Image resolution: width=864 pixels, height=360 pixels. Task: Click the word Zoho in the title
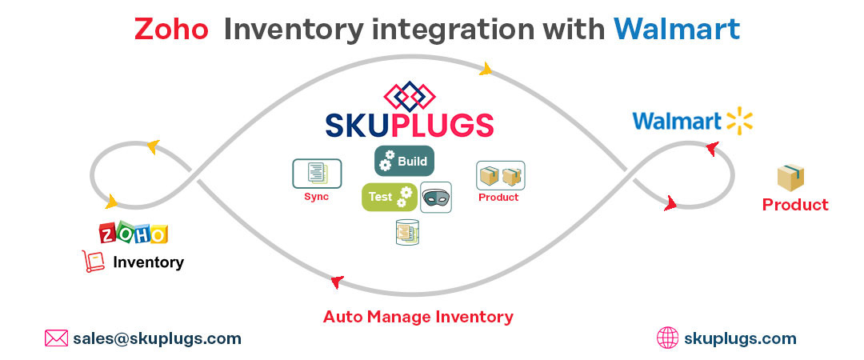(171, 30)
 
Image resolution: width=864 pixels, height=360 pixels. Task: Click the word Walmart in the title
(677, 30)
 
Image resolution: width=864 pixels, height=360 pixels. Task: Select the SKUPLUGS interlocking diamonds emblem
(409, 97)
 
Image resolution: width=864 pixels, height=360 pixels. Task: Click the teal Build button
(404, 161)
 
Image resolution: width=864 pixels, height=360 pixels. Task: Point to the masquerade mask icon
(436, 197)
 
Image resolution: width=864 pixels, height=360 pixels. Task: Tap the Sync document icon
(317, 173)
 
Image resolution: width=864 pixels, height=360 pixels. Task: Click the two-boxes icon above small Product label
(501, 175)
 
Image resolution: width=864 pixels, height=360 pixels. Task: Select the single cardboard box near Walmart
(790, 178)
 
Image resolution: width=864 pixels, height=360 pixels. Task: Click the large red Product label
(795, 205)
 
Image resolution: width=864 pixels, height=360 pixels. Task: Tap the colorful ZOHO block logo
(134, 233)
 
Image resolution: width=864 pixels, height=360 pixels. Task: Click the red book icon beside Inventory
(94, 262)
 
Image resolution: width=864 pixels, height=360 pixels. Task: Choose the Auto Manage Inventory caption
(418, 317)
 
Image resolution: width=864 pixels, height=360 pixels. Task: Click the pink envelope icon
(56, 338)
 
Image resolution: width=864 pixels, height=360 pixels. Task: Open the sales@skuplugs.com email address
(157, 338)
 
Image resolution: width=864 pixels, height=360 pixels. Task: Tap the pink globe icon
(667, 338)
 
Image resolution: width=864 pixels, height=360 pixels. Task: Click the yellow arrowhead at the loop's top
(485, 70)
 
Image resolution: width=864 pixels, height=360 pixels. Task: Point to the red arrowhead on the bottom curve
(337, 281)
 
